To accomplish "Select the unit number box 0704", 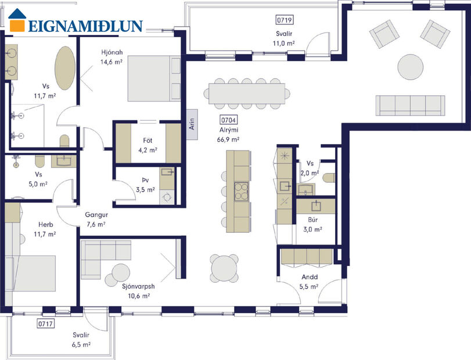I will [226, 120].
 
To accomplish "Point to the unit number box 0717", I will [45, 323].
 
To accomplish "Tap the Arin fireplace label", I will [192, 125].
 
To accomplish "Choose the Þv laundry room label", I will [145, 181].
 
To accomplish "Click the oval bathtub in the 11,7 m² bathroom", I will [64, 68].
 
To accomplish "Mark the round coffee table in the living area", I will [411, 66].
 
